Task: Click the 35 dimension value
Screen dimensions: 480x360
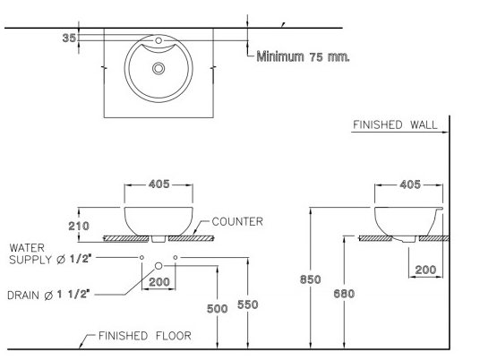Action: coord(69,38)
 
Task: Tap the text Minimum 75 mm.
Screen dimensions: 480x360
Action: coord(303,56)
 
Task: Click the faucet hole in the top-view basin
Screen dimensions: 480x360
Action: coord(159,40)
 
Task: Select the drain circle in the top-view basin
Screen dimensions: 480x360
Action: coord(159,68)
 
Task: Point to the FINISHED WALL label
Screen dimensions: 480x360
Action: coord(395,124)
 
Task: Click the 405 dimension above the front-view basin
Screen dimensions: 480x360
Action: coord(159,184)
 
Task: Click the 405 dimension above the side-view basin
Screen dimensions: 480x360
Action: coord(410,184)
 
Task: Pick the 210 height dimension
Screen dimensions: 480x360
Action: coord(79,226)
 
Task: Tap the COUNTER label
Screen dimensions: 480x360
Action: coord(237,221)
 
